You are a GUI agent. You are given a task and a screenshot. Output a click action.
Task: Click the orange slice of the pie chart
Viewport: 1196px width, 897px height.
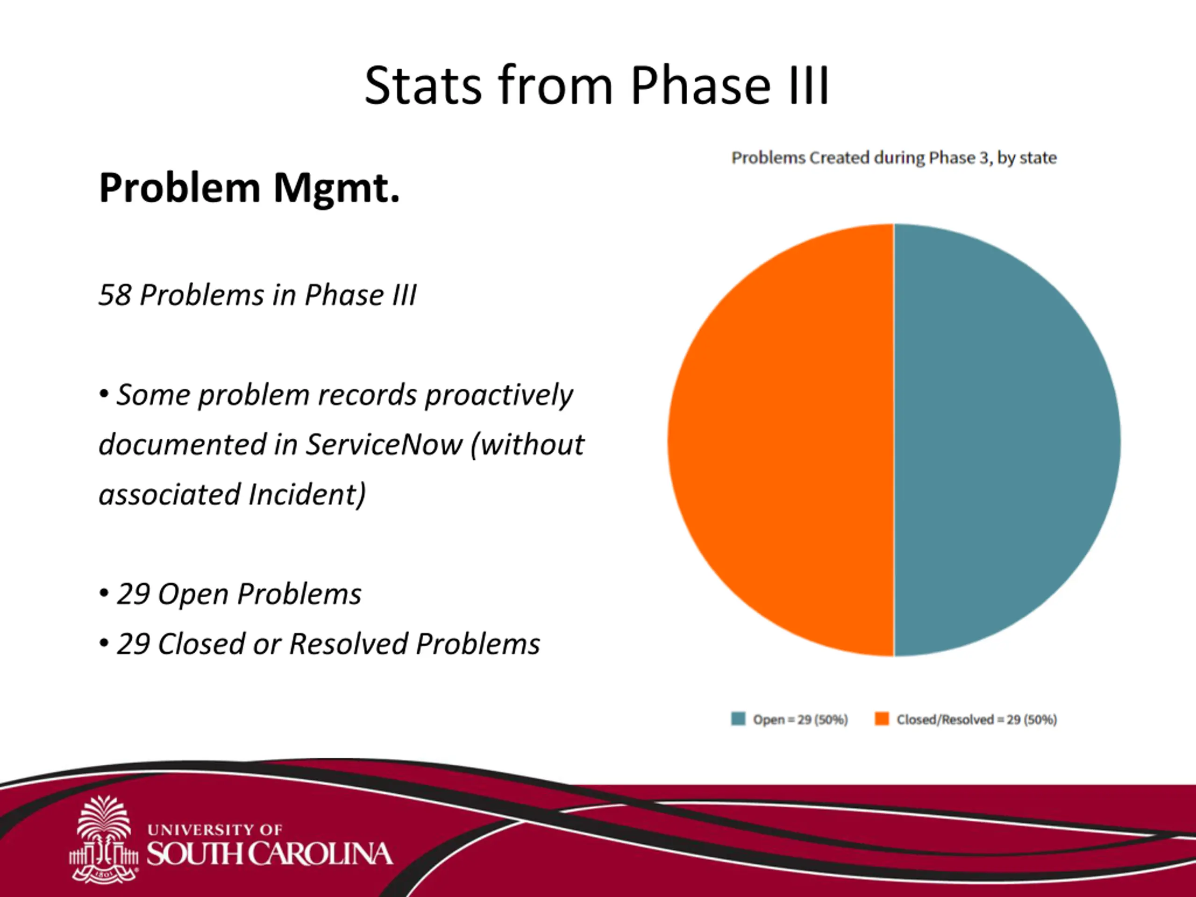coord(780,440)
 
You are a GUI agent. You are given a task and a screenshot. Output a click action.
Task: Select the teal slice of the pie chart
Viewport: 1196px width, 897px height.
coord(1007,440)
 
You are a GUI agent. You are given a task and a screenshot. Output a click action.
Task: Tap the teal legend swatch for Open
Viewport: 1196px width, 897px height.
coord(738,719)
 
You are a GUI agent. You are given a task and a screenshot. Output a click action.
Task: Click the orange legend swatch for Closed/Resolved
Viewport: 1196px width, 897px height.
coord(882,719)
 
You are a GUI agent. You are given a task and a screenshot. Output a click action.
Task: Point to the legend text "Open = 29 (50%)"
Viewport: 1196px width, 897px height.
coord(800,719)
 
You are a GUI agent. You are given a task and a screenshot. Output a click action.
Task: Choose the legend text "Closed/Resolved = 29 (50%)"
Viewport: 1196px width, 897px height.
coord(976,719)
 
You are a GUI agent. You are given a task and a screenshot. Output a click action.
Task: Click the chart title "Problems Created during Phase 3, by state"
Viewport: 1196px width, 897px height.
coord(894,158)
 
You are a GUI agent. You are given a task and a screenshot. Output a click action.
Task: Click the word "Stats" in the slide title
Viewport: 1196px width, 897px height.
coord(423,85)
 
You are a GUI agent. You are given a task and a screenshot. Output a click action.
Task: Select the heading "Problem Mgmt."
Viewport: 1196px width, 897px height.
coord(249,188)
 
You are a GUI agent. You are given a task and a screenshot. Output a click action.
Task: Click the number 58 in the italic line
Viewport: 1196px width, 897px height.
coord(115,295)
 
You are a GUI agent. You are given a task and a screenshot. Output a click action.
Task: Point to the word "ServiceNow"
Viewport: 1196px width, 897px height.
coord(384,444)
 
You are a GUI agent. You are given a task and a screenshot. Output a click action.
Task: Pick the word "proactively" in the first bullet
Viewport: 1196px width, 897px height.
coord(498,395)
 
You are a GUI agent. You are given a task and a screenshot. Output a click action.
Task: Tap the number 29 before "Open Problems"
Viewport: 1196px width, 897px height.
coord(133,594)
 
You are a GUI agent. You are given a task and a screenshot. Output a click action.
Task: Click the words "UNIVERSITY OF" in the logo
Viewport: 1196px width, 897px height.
coord(214,829)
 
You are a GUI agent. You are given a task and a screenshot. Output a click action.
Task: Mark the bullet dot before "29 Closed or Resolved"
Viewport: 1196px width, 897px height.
coord(104,644)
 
